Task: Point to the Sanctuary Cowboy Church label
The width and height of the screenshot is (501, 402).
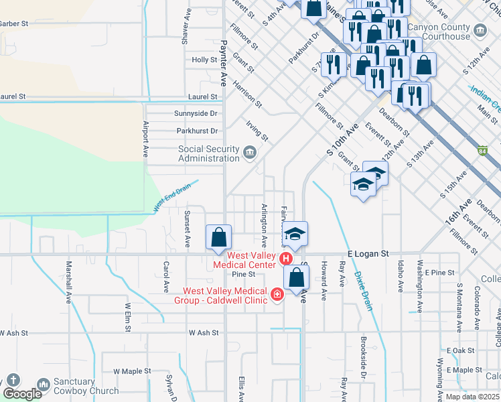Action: click(86, 387)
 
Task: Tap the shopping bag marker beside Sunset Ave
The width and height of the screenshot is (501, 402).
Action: click(219, 237)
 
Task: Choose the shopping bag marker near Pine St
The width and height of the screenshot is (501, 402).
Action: click(296, 277)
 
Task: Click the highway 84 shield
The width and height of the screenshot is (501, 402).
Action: click(482, 149)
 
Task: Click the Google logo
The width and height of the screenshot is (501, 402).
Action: click(22, 394)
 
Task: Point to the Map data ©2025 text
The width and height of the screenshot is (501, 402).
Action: click(472, 397)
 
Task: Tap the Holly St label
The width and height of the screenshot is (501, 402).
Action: click(204, 60)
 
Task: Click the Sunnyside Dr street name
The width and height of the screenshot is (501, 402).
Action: click(196, 113)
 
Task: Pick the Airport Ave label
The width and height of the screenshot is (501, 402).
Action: click(145, 139)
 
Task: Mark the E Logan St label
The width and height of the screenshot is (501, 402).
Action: click(368, 254)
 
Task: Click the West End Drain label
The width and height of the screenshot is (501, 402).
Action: click(176, 195)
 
